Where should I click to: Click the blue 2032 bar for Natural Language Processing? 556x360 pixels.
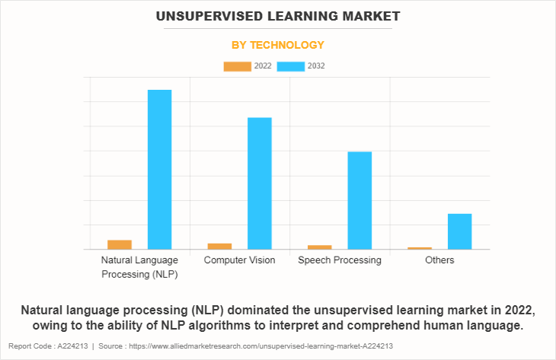(x=160, y=170)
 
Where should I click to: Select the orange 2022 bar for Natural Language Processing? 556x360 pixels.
(x=120, y=244)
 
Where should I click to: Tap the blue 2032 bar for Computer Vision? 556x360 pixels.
(x=260, y=183)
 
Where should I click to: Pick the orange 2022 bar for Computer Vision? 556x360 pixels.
(x=219, y=247)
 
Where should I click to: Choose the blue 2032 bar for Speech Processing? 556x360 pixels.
(x=359, y=201)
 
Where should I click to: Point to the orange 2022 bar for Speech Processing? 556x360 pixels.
(x=319, y=247)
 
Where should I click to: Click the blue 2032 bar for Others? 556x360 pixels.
(x=459, y=231)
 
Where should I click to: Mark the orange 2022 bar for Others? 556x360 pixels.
(x=420, y=248)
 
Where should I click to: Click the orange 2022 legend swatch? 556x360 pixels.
(x=237, y=66)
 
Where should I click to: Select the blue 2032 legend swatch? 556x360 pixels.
(x=291, y=66)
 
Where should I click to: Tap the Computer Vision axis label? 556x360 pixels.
(x=239, y=260)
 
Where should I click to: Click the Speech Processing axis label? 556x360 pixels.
(x=340, y=260)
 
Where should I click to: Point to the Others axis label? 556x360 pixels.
(x=439, y=260)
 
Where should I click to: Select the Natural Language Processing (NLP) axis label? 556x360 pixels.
(x=139, y=267)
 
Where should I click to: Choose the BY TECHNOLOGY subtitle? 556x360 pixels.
(x=278, y=45)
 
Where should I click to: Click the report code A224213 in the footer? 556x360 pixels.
(x=72, y=346)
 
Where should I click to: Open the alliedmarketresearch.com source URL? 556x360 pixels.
(x=261, y=346)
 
